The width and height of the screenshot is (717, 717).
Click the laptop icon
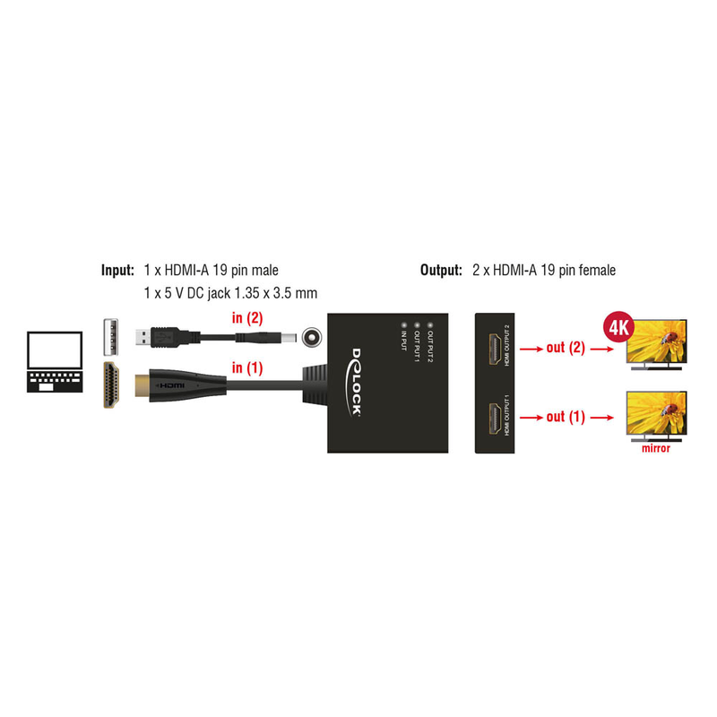[55, 362]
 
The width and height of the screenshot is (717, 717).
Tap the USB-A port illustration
[110, 337]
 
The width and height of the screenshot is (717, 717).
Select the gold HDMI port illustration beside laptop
[111, 384]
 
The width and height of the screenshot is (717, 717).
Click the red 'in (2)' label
[247, 318]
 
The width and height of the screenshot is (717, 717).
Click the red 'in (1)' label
[247, 367]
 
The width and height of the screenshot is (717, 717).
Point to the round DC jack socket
[311, 338]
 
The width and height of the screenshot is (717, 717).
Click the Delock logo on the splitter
[356, 383]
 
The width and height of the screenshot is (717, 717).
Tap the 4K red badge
[618, 327]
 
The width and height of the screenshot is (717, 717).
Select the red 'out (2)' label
[566, 348]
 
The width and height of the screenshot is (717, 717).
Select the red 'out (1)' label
[566, 417]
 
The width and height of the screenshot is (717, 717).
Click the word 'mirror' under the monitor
[656, 448]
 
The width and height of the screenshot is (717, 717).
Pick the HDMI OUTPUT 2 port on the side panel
[495, 350]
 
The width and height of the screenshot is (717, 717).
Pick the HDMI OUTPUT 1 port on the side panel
[495, 419]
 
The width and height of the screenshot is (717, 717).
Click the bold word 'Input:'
[117, 271]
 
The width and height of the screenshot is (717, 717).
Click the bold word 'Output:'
[441, 271]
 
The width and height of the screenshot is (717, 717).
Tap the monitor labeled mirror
[657, 416]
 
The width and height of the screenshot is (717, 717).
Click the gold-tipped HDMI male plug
[181, 385]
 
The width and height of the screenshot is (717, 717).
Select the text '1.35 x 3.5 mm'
[276, 293]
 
